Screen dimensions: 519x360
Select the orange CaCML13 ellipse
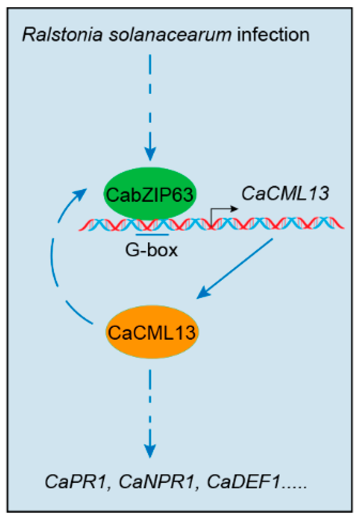[x=152, y=332]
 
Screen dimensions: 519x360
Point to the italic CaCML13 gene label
[x=285, y=193]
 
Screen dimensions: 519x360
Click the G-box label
[x=152, y=250]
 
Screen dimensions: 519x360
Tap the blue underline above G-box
[x=152, y=234]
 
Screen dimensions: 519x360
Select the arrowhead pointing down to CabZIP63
[x=150, y=154]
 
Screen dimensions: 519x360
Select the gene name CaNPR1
[x=157, y=481]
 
